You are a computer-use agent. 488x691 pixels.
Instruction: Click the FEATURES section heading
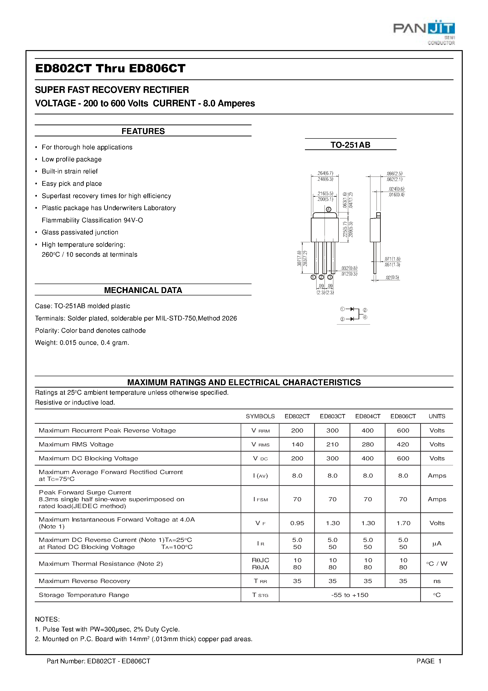pyautogui.click(x=143, y=131)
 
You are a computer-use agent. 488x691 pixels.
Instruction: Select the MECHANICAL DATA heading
pyautogui.click(x=143, y=290)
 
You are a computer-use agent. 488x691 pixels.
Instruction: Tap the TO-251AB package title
pyautogui.click(x=350, y=145)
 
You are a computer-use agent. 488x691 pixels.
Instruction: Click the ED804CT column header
pyautogui.click(x=368, y=416)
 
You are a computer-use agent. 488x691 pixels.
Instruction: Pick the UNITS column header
pyautogui.click(x=437, y=416)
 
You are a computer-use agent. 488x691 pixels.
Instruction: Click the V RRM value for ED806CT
pyautogui.click(x=403, y=430)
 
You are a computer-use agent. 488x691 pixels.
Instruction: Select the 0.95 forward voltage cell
pyautogui.click(x=297, y=523)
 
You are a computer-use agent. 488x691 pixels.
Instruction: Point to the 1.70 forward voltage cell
pyautogui.click(x=403, y=523)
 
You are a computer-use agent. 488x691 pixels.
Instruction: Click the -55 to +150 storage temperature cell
pyautogui.click(x=350, y=595)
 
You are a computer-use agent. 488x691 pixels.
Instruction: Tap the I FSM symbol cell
pyautogui.click(x=260, y=499)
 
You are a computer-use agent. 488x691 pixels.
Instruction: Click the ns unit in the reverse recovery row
pyautogui.click(x=437, y=581)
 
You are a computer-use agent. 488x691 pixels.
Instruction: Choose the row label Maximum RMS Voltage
pyautogui.click(x=76, y=444)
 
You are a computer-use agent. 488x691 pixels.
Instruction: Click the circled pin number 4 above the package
pyautogui.click(x=329, y=209)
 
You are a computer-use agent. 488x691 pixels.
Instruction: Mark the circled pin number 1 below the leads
pyautogui.click(x=313, y=277)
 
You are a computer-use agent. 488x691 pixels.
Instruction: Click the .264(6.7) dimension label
pyautogui.click(x=325, y=173)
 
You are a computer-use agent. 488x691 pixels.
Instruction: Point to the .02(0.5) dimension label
pyautogui.click(x=392, y=277)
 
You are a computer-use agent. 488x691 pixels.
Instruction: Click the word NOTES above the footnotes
pyautogui.click(x=47, y=619)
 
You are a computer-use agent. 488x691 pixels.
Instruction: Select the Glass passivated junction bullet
pyautogui.click(x=80, y=232)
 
